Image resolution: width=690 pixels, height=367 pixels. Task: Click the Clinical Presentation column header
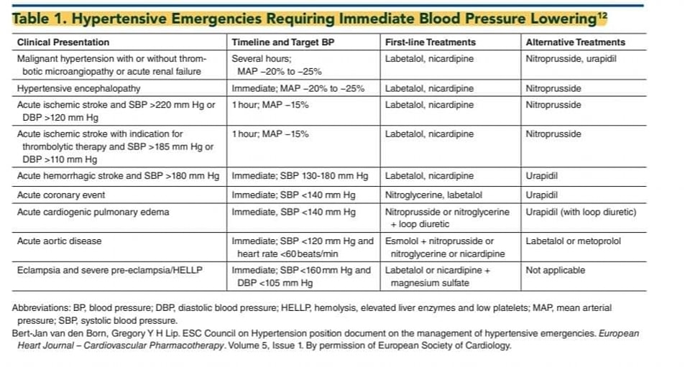pyautogui.click(x=63, y=42)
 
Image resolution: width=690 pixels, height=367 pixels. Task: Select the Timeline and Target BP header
pyautogui.click(x=282, y=42)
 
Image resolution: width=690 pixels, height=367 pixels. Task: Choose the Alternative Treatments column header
pyautogui.click(x=576, y=42)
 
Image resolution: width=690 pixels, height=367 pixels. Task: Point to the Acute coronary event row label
pyautogui.click(x=61, y=195)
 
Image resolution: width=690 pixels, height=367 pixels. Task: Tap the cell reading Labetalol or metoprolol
pyautogui.click(x=573, y=241)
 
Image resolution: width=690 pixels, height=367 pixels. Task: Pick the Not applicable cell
pyautogui.click(x=555, y=271)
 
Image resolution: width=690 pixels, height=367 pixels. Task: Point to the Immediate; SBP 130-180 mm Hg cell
pyautogui.click(x=300, y=176)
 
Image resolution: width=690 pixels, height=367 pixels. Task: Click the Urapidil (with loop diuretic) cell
pyautogui.click(x=581, y=212)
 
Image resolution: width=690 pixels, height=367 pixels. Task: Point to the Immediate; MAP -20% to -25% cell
pyautogui.click(x=298, y=89)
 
